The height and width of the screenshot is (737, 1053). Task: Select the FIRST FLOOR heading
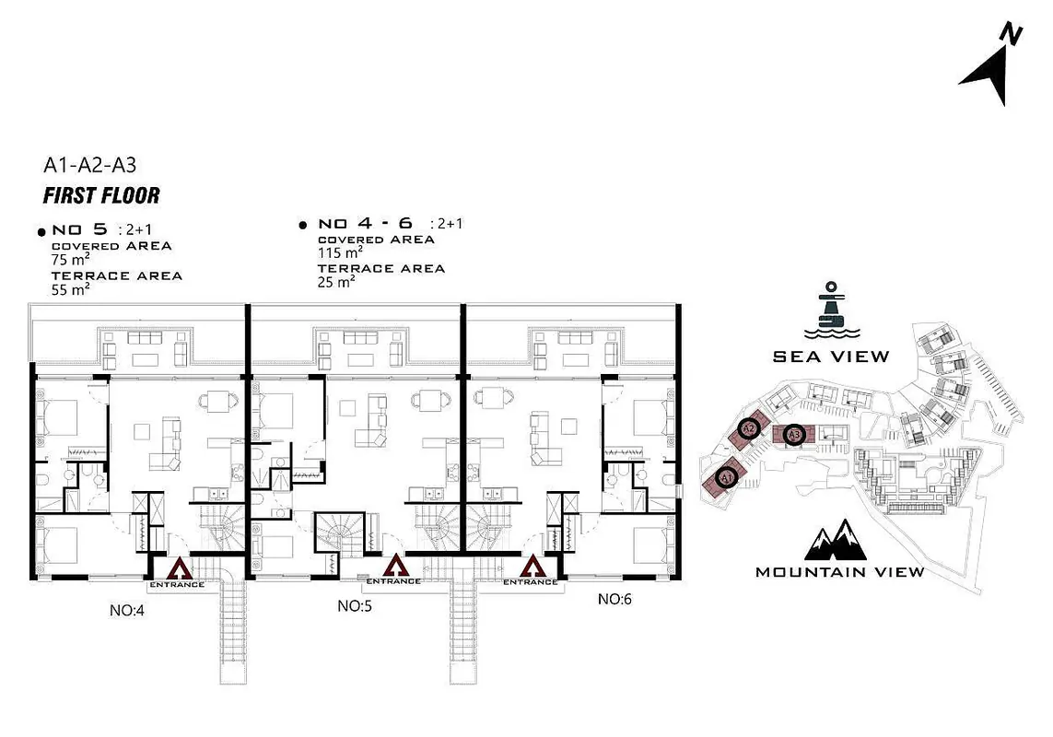101,195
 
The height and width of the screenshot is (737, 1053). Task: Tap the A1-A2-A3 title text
90,165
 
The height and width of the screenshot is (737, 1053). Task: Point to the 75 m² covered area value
71,259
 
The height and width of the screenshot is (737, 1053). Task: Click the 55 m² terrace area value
71,289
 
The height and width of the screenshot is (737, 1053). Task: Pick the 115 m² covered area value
341,252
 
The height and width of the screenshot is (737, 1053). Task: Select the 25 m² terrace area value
336,282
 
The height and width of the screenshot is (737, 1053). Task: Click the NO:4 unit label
127,611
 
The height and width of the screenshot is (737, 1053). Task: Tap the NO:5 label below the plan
355,606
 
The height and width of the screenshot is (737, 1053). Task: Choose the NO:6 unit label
614,599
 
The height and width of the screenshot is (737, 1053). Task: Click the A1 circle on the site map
726,478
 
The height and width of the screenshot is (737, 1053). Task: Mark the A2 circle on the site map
748,428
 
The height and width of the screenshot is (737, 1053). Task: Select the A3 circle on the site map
794,435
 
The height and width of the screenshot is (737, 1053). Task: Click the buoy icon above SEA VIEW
831,311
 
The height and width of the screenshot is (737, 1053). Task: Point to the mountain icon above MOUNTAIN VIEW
836,540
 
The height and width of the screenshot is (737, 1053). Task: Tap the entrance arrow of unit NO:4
180,569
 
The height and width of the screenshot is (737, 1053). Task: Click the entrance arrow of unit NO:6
532,567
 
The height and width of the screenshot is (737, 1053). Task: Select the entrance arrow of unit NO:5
395,566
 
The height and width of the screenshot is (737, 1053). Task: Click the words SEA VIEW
831,357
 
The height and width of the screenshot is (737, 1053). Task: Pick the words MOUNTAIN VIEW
840,572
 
